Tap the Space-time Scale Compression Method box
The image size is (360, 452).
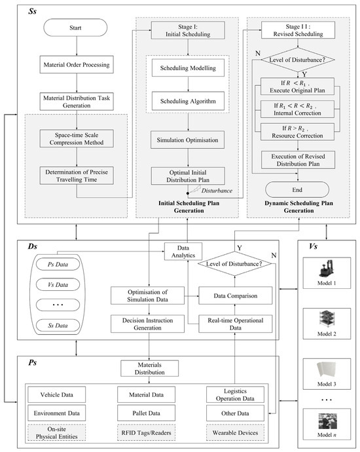click(77, 138)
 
